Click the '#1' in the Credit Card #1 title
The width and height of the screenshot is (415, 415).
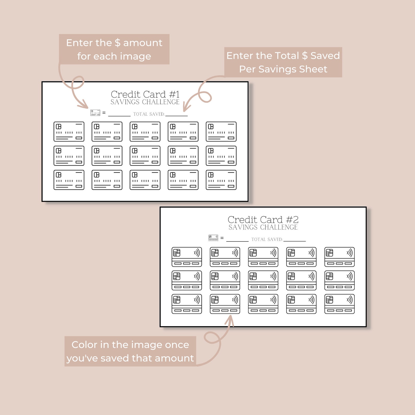[174, 94]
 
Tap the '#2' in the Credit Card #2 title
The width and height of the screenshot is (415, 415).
[292, 220]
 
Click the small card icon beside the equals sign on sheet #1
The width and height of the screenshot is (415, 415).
[95, 113]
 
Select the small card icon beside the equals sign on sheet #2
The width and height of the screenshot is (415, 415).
[213, 238]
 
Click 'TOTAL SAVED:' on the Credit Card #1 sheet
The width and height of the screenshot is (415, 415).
[149, 114]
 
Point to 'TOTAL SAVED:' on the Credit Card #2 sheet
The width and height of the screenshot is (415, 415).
[267, 239]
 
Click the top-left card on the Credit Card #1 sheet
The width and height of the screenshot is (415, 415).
[69, 131]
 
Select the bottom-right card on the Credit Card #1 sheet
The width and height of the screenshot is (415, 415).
[221, 180]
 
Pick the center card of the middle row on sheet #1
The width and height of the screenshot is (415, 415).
[145, 156]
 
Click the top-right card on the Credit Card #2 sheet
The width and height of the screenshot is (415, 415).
[339, 257]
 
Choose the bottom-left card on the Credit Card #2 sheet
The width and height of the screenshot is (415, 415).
[187, 304]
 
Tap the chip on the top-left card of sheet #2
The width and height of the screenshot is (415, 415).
[177, 253]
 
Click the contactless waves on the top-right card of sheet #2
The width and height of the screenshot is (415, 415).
[350, 253]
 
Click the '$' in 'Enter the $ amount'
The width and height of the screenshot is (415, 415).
[118, 43]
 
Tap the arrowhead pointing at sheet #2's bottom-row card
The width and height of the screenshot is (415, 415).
[230, 320]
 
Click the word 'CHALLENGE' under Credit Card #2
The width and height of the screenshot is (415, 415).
[279, 227]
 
